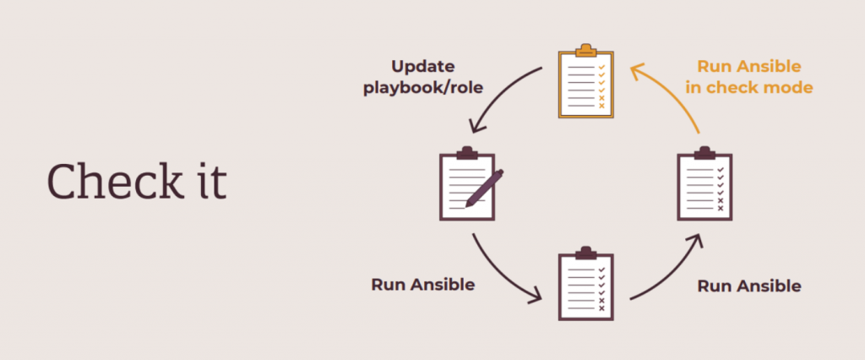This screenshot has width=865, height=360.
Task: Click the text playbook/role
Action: pos(423,87)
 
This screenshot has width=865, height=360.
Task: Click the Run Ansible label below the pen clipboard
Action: pos(422,284)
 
